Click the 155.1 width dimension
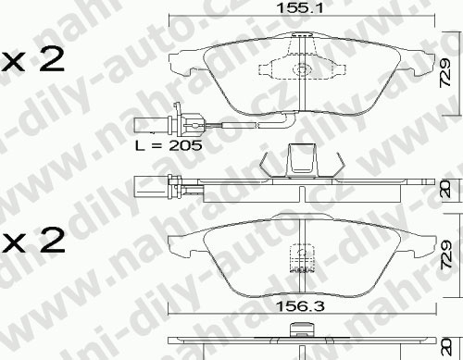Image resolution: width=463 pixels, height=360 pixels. coord(300,7)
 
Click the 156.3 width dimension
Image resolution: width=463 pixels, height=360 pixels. coord(300,306)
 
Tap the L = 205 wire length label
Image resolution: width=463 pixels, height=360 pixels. coord(169,145)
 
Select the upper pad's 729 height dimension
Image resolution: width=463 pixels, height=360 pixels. coord(446,73)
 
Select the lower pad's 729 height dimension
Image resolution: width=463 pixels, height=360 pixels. coord(446,254)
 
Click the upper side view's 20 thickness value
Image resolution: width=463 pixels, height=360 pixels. coord(446,190)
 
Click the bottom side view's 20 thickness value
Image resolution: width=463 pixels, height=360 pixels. coord(446,347)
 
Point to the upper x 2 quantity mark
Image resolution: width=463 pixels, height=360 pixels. coord(31,60)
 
